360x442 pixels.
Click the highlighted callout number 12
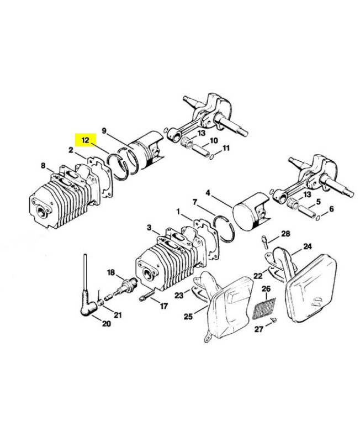(86, 140)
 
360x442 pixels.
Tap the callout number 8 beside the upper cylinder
(43, 165)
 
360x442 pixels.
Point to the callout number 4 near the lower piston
(208, 193)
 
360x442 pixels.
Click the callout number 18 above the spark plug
(110, 272)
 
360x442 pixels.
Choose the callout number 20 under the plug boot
(106, 324)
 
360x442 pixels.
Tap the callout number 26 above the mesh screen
(266, 289)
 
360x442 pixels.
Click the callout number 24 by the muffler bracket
(307, 246)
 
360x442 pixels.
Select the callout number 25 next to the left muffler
(188, 316)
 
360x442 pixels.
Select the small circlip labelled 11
(213, 154)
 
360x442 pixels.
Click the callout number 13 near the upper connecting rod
(200, 133)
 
